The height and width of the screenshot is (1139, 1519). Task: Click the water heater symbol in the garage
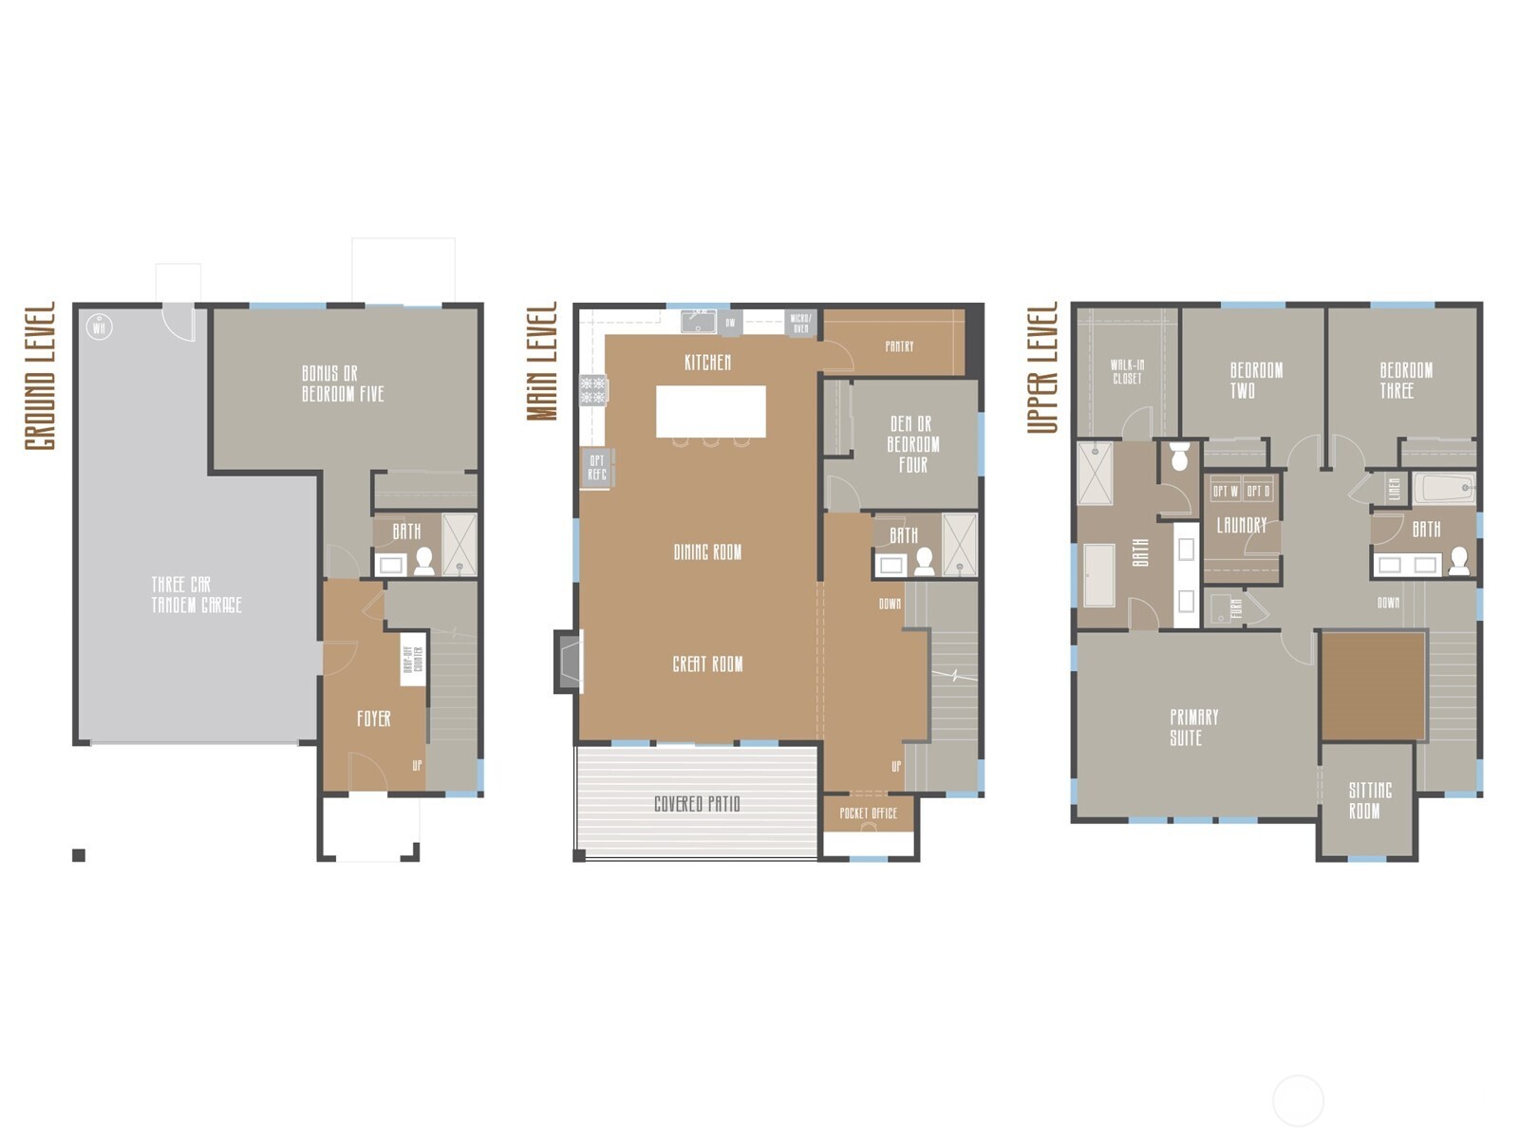100,328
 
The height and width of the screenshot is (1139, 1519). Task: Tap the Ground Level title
41,377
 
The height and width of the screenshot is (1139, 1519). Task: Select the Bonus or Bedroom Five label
343,383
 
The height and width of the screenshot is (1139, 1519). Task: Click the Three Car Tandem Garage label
197,595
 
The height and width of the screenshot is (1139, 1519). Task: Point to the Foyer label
373,719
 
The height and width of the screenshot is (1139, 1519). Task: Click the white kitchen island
710,411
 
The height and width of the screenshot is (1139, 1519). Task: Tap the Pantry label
899,346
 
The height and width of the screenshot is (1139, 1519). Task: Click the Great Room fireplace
569,662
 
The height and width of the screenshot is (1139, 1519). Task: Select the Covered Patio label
697,804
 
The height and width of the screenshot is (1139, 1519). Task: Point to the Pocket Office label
868,813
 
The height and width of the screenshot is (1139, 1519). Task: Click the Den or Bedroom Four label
912,444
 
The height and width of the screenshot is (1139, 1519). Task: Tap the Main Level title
542,362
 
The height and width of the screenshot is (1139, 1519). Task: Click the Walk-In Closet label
1127,371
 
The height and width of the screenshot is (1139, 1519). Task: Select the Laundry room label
1242,525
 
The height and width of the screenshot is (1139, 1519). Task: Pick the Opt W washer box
1226,492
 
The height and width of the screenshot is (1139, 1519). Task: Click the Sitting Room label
1369,800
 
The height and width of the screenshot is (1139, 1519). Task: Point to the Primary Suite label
1193,727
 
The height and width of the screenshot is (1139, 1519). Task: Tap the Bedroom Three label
1405,380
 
